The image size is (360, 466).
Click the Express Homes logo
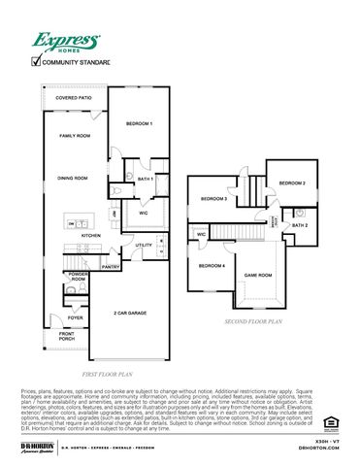65,42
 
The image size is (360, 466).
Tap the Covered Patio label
73,98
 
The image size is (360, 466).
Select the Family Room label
74,136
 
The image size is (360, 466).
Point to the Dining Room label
72,179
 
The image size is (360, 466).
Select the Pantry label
111,267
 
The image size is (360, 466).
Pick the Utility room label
144,246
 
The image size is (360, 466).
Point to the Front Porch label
66,336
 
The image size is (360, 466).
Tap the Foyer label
75,317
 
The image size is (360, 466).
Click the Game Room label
257,275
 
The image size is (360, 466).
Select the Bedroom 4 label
213,266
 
